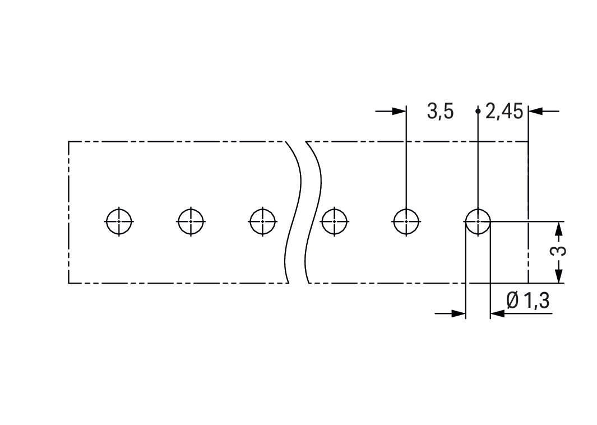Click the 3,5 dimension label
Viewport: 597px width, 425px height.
point(440,112)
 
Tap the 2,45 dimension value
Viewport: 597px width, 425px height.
point(504,112)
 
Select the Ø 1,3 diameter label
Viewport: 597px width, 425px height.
point(528,301)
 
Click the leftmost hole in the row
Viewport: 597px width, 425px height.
point(119,221)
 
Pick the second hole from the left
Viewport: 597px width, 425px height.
point(191,221)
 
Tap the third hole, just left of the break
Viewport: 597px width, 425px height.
point(263,221)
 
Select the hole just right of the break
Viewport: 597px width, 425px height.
point(334,221)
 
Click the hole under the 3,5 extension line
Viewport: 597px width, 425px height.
point(406,221)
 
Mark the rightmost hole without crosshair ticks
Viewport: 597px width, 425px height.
point(478,221)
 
